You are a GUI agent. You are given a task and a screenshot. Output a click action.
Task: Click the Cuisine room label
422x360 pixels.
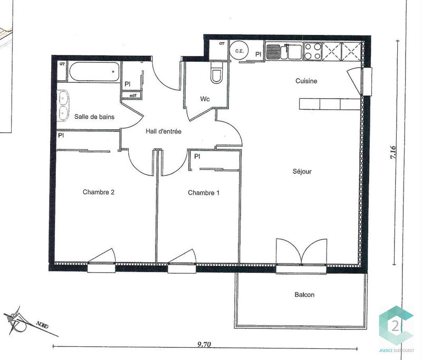(x=306, y=81)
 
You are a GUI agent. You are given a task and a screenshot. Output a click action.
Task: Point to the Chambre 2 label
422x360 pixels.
(x=99, y=192)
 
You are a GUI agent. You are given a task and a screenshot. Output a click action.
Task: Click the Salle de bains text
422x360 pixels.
(x=94, y=116)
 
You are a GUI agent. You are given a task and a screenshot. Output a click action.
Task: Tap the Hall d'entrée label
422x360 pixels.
(x=164, y=131)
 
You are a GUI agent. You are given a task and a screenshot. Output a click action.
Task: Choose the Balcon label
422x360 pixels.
(x=304, y=295)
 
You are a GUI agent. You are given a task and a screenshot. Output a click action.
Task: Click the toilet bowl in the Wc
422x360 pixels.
(x=217, y=75)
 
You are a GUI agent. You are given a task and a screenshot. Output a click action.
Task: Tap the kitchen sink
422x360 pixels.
(x=274, y=52)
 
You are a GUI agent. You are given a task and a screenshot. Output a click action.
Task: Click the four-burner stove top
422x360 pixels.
(x=311, y=51)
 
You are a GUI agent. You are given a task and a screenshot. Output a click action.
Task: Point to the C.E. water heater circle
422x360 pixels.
(x=239, y=51)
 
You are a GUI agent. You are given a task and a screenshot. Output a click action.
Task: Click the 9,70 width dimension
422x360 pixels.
(x=204, y=345)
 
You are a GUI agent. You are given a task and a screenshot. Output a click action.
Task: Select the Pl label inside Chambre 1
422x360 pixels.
(x=197, y=156)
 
